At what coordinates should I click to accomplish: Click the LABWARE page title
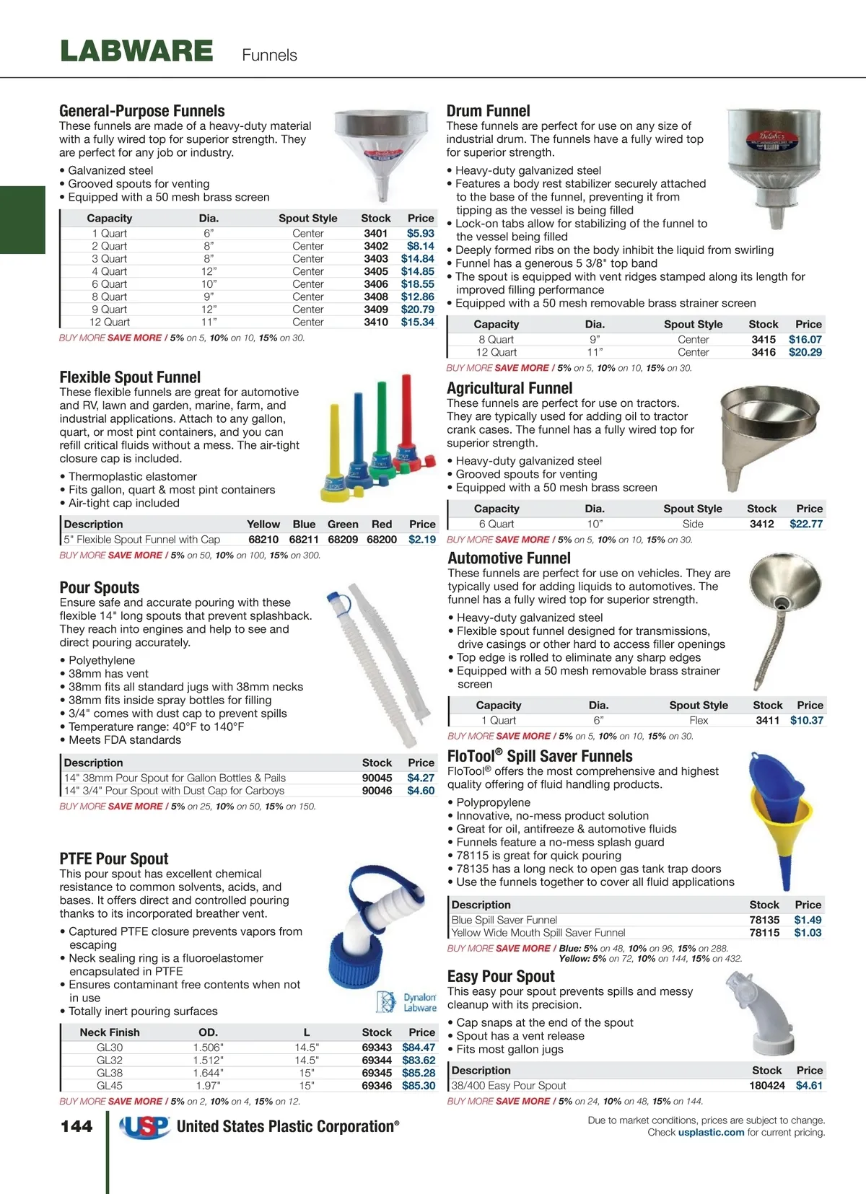[x=136, y=51]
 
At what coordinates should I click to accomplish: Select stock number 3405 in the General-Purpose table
[x=375, y=271]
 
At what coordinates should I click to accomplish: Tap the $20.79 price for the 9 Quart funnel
[x=417, y=310]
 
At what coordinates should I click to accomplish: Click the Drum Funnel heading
[x=488, y=111]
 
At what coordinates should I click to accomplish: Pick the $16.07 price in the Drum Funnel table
[x=805, y=339]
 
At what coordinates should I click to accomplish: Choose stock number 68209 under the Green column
[x=343, y=540]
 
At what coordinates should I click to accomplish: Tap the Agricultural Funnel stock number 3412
[x=761, y=524]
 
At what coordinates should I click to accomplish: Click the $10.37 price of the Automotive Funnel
[x=806, y=720]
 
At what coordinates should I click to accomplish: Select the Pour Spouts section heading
[x=100, y=587]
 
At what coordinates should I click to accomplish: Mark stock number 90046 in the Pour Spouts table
[x=377, y=791]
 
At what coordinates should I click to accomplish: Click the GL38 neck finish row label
[x=110, y=1073]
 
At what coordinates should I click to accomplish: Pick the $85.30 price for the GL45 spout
[x=419, y=1086]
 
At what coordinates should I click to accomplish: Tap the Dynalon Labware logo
[x=407, y=1002]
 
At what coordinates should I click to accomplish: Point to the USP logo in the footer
[x=144, y=1126]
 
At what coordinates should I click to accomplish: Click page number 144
[x=76, y=1126]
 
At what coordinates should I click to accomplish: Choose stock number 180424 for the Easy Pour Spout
[x=766, y=1086]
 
